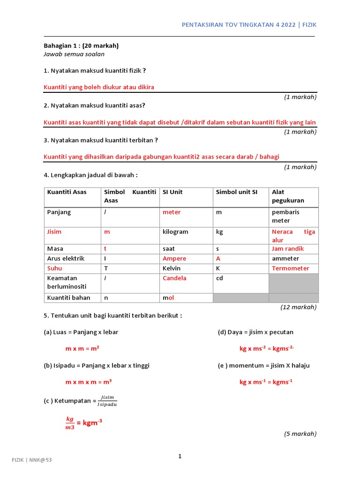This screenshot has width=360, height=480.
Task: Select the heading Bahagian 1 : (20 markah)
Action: [81, 45]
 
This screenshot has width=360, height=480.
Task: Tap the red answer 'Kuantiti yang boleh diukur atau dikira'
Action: [99, 87]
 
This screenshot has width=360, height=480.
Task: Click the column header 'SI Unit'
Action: [172, 192]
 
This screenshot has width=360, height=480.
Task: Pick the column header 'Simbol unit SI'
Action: [236, 192]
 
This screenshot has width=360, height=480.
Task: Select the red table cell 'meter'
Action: [172, 212]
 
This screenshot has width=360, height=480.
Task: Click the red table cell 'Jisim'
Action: [54, 232]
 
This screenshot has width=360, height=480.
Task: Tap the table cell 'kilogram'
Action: [175, 232]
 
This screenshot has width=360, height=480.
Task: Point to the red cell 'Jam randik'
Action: [288, 248]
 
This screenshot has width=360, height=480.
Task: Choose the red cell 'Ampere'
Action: [174, 258]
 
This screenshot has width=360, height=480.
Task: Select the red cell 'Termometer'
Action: [291, 268]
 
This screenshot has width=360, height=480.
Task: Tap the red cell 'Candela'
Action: [174, 278]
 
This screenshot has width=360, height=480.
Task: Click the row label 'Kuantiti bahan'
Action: [68, 298]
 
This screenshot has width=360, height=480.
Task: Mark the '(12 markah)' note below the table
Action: [299, 307]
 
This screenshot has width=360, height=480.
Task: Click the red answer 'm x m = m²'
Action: [82, 349]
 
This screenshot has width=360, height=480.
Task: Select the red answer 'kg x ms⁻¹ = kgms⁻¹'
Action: [266, 382]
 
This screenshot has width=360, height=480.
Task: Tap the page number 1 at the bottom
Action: [180, 456]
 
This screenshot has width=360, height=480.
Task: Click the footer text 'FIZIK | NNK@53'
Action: [32, 460]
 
